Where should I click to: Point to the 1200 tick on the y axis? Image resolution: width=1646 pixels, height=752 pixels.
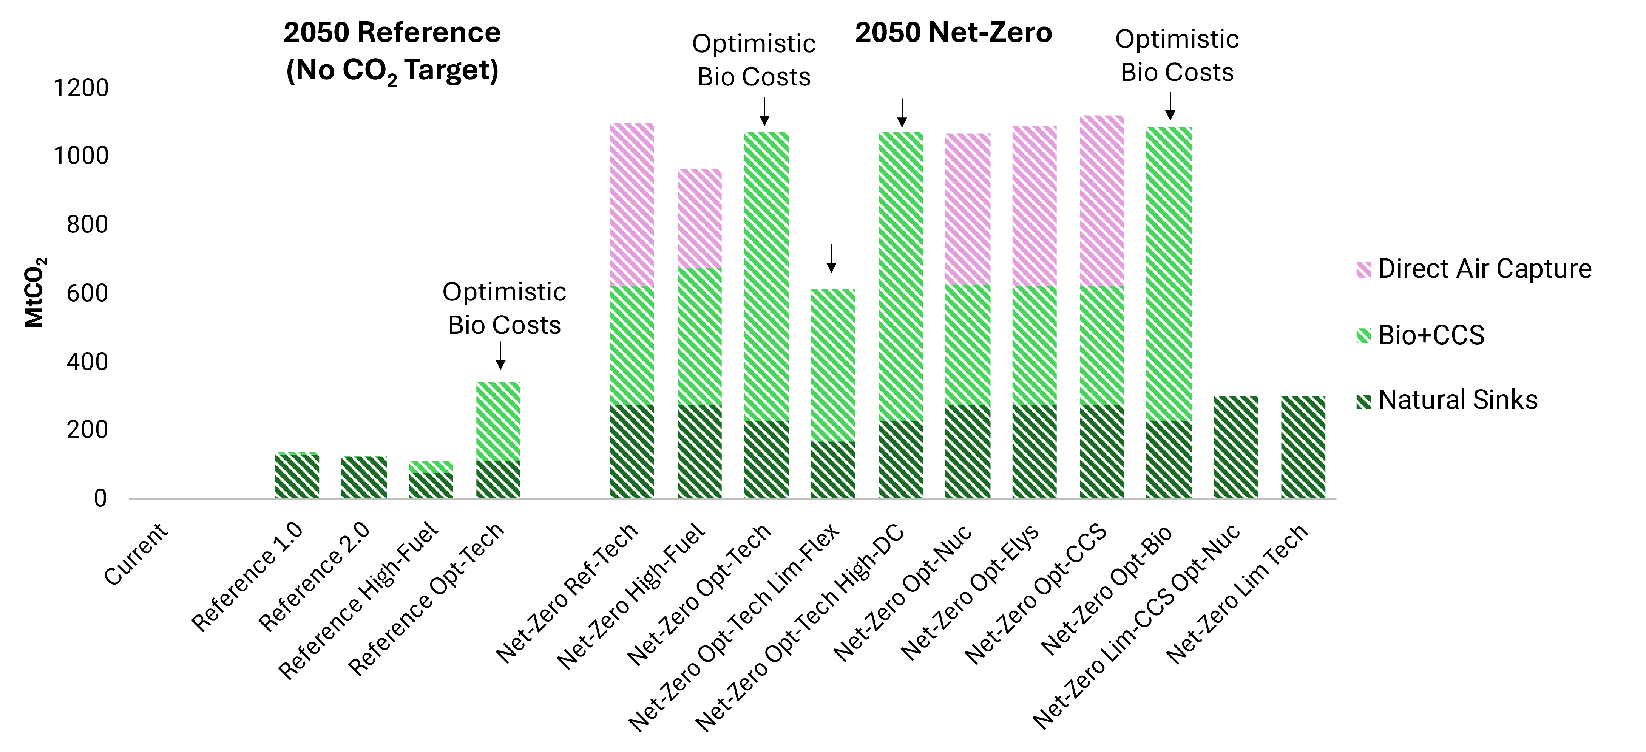80,88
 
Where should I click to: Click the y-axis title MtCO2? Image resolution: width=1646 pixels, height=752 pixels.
34,292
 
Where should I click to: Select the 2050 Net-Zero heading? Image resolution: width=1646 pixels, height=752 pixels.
953,32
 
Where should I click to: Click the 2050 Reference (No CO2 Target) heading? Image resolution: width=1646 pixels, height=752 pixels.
392,51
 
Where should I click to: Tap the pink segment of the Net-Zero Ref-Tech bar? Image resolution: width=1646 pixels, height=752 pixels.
632,204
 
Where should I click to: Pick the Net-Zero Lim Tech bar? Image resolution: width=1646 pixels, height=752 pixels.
1303,448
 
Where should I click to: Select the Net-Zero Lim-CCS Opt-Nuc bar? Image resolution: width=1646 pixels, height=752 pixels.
1235,448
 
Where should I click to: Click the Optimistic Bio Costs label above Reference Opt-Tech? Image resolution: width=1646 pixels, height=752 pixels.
504,308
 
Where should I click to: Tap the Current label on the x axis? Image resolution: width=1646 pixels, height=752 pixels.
136,554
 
